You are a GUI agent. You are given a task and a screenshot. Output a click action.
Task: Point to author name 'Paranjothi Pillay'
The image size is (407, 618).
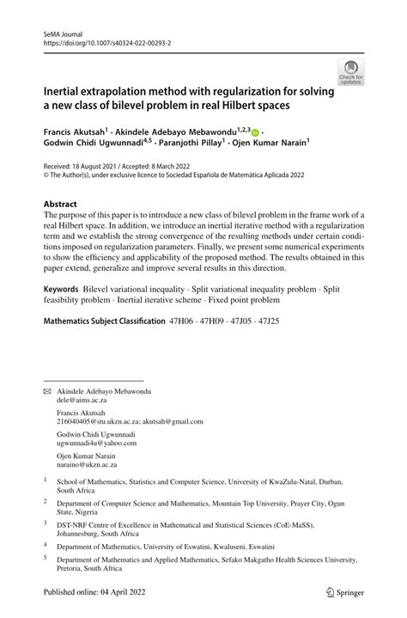(184, 144)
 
